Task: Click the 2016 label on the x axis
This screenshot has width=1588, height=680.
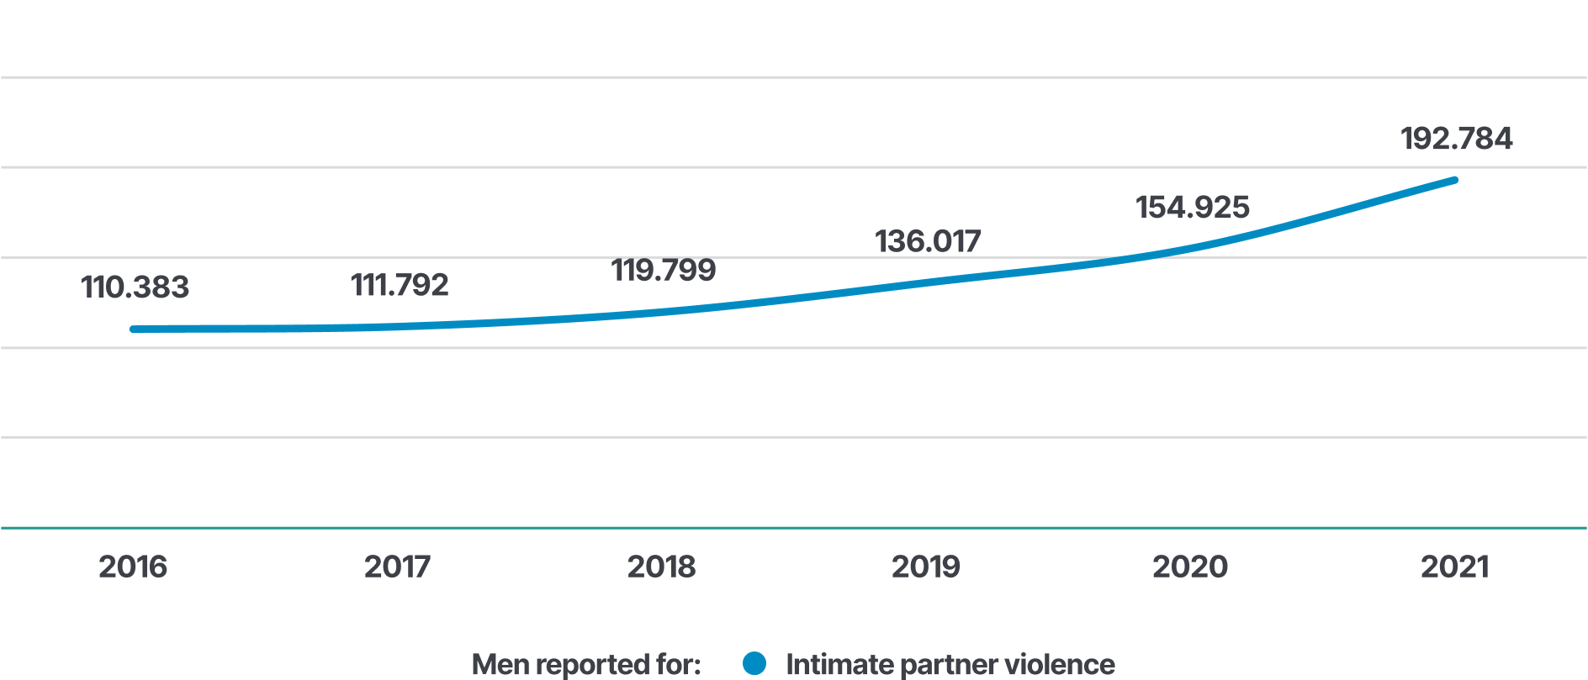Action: pos(133,567)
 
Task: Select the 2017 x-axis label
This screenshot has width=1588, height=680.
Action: pos(397,567)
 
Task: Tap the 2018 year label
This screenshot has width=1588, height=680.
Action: pos(661,567)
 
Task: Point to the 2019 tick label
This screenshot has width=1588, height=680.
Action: pos(925,567)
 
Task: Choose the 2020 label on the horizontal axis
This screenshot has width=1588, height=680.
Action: pos(1189,567)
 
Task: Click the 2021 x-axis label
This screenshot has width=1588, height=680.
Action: pos(1454,567)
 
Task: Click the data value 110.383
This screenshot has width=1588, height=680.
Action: pos(135,287)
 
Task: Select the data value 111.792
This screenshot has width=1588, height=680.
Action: pos(400,285)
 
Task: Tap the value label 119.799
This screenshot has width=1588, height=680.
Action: pos(663,270)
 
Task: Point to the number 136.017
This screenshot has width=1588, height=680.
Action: pos(927,241)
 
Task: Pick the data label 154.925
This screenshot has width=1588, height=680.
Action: pos(1192,208)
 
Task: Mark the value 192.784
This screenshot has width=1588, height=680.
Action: pos(1456,139)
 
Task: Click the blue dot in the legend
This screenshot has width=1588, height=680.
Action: pos(754,663)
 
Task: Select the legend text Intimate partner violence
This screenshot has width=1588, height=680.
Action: pos(950,664)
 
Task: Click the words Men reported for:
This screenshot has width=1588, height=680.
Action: pos(586,664)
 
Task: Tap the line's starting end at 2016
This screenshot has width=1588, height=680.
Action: pos(134,329)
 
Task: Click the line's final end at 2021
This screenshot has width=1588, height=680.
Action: pos(1454,181)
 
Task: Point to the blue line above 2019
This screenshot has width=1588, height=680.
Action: pos(925,282)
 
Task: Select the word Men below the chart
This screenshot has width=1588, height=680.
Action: pos(500,664)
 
